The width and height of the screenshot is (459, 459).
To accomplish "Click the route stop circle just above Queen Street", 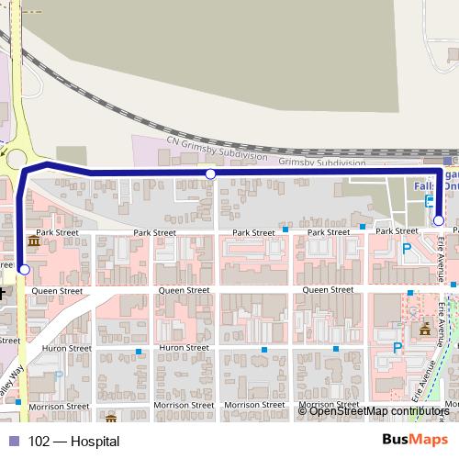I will (x=24, y=269).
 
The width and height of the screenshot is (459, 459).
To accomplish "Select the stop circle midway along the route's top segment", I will (x=210, y=174).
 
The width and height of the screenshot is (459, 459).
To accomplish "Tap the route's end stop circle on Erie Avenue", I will (x=439, y=220).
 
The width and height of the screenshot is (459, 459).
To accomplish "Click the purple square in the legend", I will (x=14, y=442).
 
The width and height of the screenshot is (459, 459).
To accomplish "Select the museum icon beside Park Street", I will (x=34, y=241).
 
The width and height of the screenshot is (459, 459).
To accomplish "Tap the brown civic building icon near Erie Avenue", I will (x=424, y=329).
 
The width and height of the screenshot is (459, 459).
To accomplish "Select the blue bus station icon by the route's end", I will (x=431, y=204).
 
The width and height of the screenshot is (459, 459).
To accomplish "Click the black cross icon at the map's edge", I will (x=3, y=292).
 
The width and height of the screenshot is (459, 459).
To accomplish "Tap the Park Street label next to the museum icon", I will (x=57, y=233).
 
